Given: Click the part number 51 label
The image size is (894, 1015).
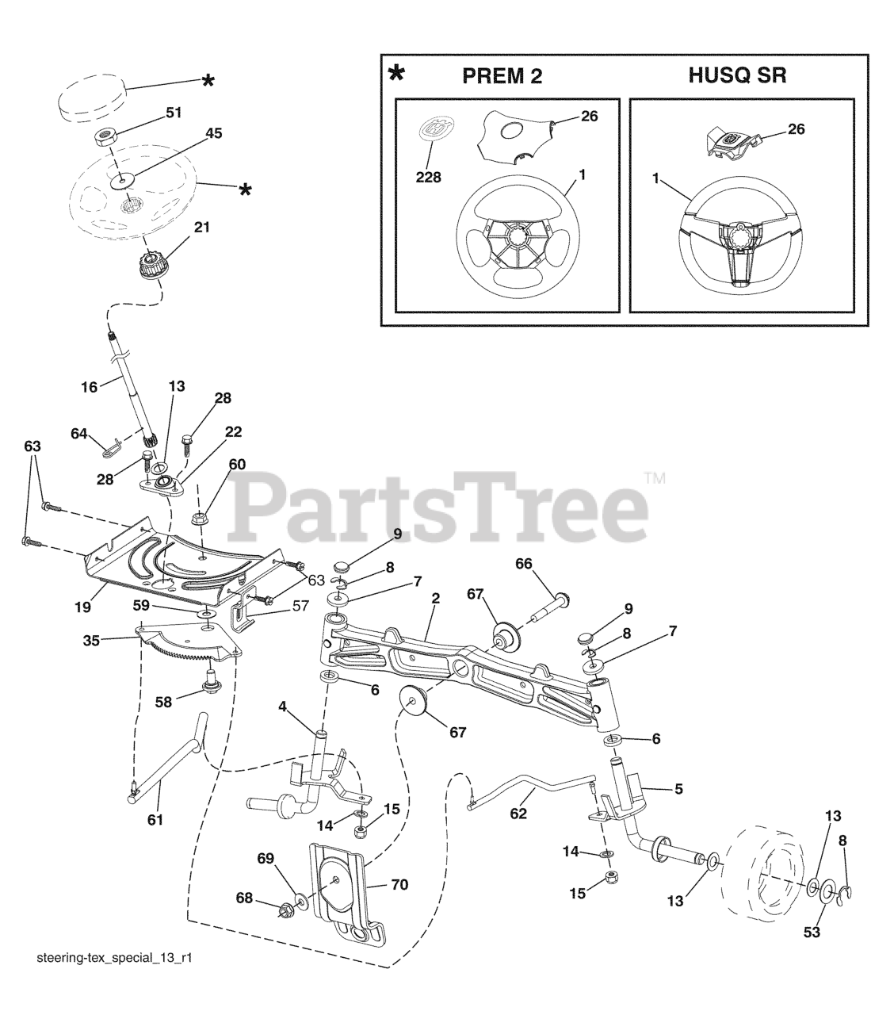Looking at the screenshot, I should (174, 113).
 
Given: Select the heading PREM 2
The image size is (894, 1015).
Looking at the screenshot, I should (502, 76).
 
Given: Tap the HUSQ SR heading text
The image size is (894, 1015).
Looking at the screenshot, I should (737, 76).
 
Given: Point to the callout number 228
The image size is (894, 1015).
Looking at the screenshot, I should (428, 178).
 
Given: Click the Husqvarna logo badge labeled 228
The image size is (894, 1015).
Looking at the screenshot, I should (434, 131).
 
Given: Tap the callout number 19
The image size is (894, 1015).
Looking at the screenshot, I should (82, 607).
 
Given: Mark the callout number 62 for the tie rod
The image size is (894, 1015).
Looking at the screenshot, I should (518, 814).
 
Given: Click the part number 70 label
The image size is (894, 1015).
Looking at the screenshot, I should (399, 884).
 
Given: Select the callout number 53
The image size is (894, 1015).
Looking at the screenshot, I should (812, 933).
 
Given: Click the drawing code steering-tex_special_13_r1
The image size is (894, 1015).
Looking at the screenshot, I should (115, 981).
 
